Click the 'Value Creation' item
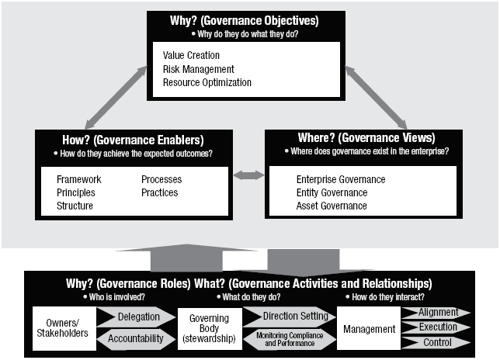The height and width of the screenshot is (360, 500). coord(191,55)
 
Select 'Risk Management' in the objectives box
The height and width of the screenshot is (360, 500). coord(198,69)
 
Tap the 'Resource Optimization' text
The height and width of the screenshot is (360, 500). coord(207,82)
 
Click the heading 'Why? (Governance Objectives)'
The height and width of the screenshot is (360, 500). coord(245,21)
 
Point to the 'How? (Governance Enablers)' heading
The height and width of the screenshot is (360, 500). coord(133,140)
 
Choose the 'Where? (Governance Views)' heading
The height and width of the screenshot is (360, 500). coord(366,137)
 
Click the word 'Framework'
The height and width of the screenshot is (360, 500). coord(78,179)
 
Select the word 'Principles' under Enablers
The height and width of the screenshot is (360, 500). coord(76,192)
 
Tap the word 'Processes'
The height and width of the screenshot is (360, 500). coord(161,179)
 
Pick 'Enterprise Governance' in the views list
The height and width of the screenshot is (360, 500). coord(341,179)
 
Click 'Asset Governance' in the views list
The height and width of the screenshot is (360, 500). coord(332,206)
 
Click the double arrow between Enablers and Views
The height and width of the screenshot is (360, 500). coord(248,175)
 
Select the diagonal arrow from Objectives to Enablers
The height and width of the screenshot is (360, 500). coord(116,98)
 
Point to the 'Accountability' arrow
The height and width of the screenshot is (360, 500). coord(136,338)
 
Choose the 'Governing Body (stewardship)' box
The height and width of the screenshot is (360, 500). coord(210,329)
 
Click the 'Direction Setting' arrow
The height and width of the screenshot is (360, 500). coord(290,317)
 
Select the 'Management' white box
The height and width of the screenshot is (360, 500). coord(369,328)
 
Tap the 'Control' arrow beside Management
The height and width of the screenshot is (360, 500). coord(436,342)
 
